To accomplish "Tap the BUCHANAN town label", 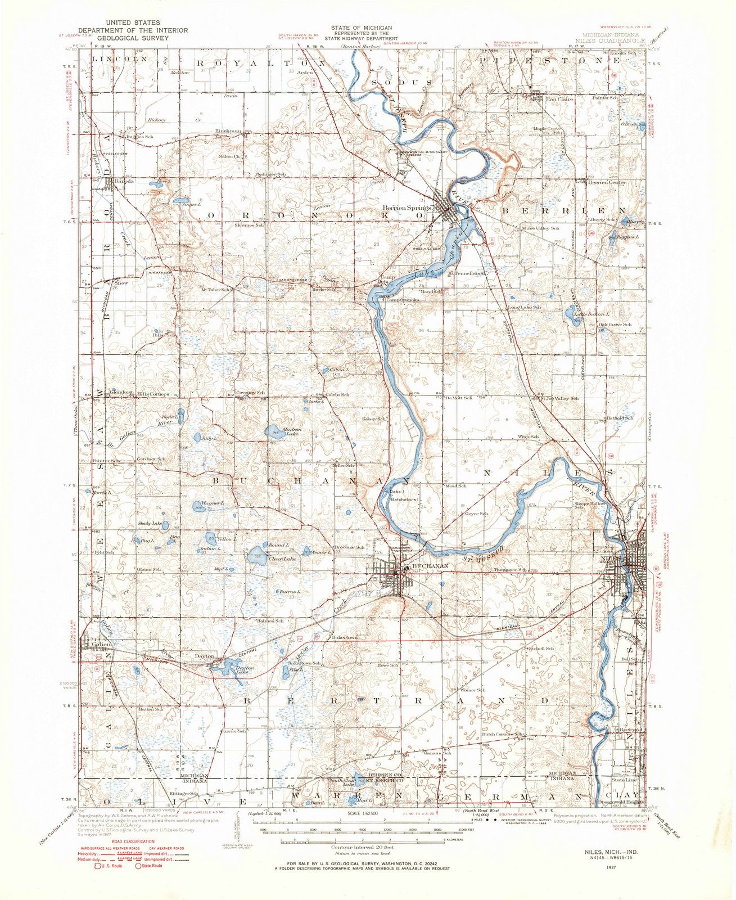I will [x=431, y=566].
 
